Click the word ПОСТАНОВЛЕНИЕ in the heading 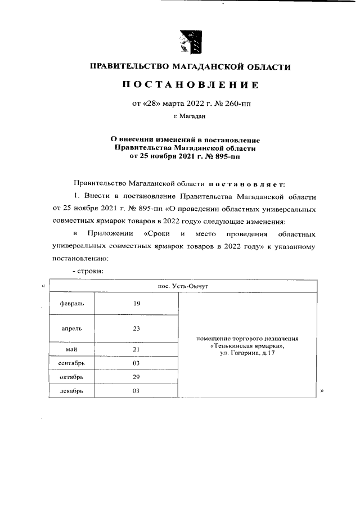coord(191,85)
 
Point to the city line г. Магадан coord(190,117)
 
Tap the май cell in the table coord(71,350)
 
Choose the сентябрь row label coord(71,363)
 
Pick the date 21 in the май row coord(136,350)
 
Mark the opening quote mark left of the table coord(43,286)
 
